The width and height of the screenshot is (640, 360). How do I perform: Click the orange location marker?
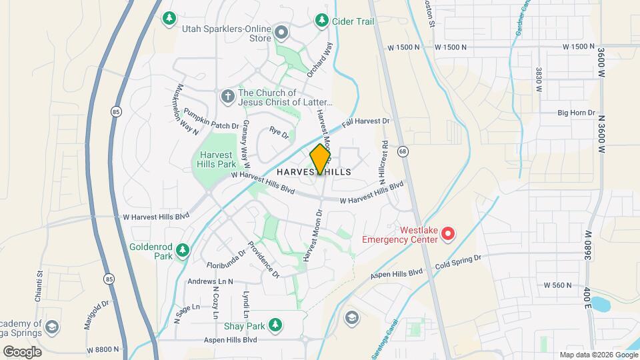tap(321, 159)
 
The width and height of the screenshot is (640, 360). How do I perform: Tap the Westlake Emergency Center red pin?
tap(449, 233)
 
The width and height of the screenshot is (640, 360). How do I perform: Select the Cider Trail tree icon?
tap(321, 21)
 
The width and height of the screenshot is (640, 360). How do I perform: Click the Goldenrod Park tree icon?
tap(182, 251)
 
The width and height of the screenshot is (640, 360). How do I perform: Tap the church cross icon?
tap(228, 97)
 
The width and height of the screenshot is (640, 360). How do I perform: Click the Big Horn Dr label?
tap(575, 113)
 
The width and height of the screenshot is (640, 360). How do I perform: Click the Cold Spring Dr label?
tap(457, 260)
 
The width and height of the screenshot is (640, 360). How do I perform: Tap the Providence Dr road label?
tap(264, 259)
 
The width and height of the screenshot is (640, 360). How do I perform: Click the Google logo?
tap(22, 352)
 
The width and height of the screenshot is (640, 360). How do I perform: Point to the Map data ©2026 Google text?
tap(598, 355)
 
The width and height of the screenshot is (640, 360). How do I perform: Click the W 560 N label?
tap(557, 285)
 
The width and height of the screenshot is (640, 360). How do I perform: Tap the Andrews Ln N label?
tap(210, 281)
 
